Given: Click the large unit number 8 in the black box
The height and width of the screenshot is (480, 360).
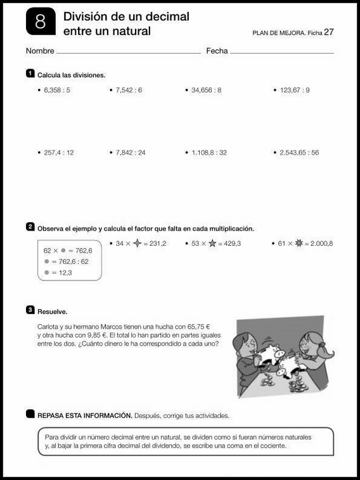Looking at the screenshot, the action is point(41,22).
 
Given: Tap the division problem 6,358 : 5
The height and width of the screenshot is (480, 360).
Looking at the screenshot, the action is point(58,91).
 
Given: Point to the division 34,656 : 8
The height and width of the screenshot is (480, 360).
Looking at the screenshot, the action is point(206,91).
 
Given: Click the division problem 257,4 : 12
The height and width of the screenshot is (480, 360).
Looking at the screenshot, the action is point(60,153).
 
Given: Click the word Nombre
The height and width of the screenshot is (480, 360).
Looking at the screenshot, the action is point(40,51).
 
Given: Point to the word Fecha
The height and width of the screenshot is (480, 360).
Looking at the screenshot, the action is point(217,51).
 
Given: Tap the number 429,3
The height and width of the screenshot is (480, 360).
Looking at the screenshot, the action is point(229,243).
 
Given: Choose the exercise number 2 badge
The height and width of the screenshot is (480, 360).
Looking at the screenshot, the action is point(30,227).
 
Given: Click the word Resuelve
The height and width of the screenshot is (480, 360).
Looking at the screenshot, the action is point(53,312).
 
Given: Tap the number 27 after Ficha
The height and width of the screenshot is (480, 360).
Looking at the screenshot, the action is point(329,32).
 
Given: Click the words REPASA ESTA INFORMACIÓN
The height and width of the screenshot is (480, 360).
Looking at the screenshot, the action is point(84,416).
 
